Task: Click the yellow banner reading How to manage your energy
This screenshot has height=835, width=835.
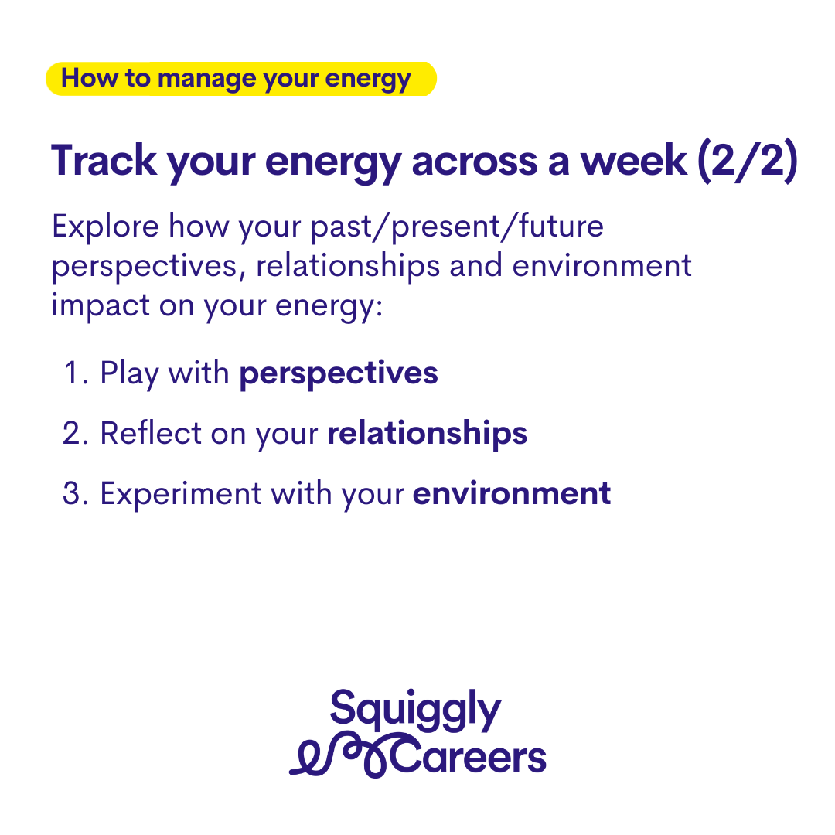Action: (241, 79)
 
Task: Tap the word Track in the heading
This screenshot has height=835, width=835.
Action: (104, 161)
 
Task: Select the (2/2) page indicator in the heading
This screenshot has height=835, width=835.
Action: (748, 161)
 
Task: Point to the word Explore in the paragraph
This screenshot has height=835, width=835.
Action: (105, 227)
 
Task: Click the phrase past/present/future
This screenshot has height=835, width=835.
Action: (457, 227)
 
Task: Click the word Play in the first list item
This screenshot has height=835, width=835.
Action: (129, 374)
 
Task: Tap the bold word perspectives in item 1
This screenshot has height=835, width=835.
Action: (339, 374)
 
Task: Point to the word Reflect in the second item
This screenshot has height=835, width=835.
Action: (151, 433)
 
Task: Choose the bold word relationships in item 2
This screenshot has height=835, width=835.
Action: (427, 434)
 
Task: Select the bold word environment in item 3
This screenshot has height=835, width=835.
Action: (512, 494)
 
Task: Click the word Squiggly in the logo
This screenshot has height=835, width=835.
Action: (415, 711)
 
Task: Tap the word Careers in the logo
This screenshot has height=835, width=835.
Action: (469, 757)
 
